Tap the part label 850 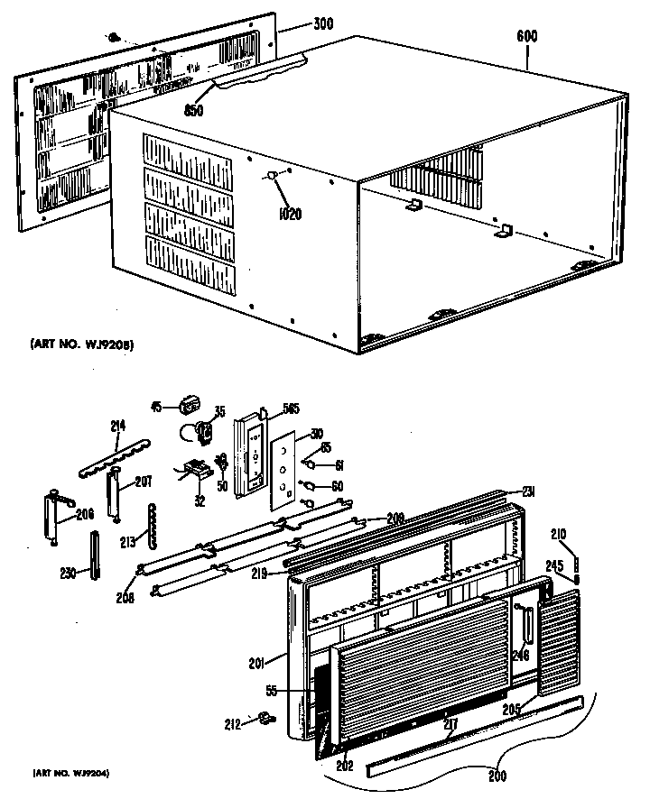tap(194, 112)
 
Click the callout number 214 tap(118, 425)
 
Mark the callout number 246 tap(521, 656)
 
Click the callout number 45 tap(155, 407)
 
